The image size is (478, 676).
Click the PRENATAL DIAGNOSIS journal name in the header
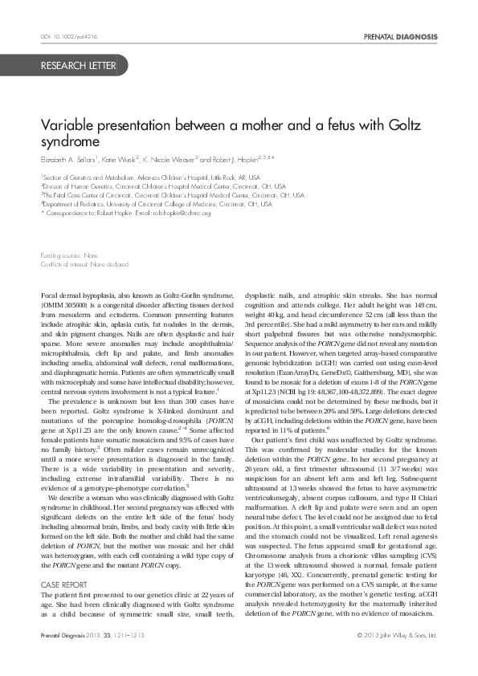(x=400, y=38)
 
